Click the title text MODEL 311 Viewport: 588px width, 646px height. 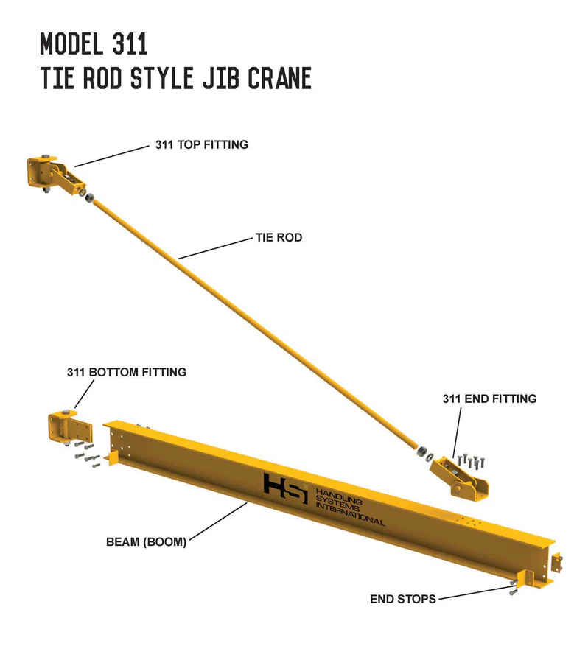94,43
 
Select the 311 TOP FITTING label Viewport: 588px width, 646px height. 201,144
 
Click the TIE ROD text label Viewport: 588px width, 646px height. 279,237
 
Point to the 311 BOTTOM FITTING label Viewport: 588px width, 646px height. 127,372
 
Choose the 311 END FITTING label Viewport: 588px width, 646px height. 489,399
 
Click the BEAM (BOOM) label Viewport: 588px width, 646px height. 147,541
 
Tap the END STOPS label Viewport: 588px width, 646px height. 402,599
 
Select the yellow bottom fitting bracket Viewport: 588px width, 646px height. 70,427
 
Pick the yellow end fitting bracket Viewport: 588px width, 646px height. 459,478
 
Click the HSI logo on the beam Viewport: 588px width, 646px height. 286,488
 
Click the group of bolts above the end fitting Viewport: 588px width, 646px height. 472,461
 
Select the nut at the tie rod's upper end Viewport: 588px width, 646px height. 88,197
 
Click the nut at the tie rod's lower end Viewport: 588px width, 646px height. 421,451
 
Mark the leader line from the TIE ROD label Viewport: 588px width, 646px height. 215,248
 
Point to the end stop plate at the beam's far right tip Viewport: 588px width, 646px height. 556,563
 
